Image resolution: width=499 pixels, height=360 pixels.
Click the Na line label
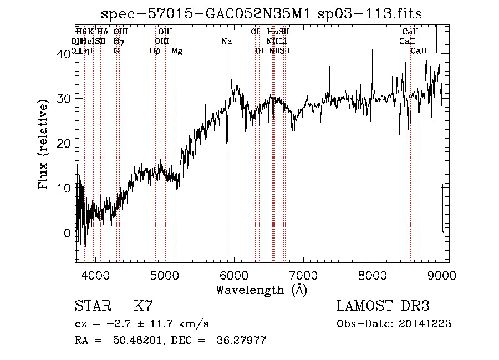226,42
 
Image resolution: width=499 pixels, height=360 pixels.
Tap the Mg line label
177,51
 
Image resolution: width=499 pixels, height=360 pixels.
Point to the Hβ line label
155,51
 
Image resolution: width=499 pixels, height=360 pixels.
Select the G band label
116,51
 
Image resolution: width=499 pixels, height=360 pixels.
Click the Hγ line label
119,42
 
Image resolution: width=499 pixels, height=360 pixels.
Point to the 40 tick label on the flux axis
65,54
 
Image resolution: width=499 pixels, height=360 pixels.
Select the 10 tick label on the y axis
65,188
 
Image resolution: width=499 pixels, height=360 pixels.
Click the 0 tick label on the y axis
68,233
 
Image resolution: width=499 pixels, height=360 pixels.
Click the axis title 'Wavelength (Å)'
262,290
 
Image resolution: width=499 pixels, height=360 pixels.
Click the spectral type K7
143,306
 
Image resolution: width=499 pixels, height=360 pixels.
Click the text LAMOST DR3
383,306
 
